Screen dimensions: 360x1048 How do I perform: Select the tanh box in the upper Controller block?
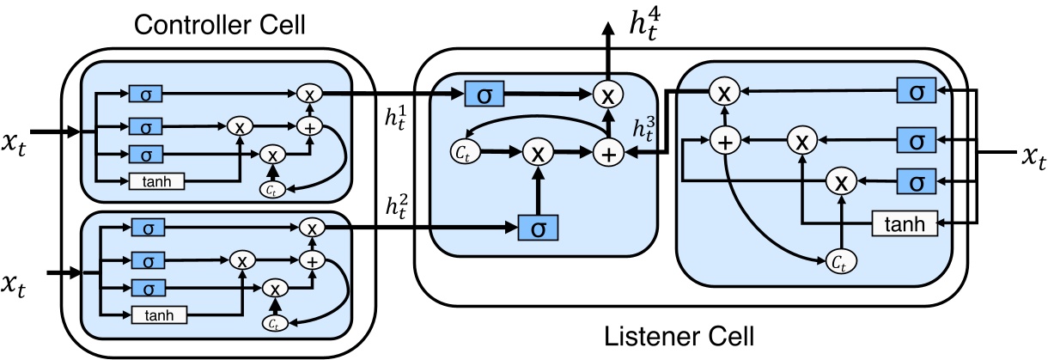point(157,180)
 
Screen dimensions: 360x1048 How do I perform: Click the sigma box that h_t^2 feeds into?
point(538,227)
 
